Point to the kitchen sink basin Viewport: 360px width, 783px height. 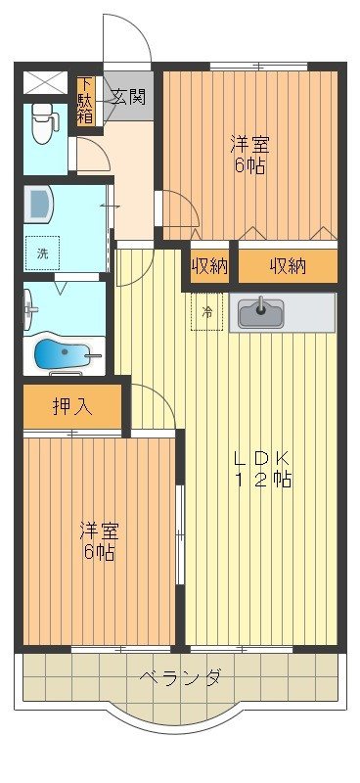pyautogui.click(x=262, y=312)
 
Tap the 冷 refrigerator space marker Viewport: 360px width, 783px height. pyautogui.click(x=206, y=312)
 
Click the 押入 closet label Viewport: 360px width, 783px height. pyautogui.click(x=72, y=406)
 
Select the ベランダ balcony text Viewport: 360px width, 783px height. pyautogui.click(x=179, y=677)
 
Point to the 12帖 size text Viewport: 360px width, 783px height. pyautogui.click(x=261, y=480)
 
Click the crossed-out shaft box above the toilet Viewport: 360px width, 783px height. pyautogui.click(x=45, y=81)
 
